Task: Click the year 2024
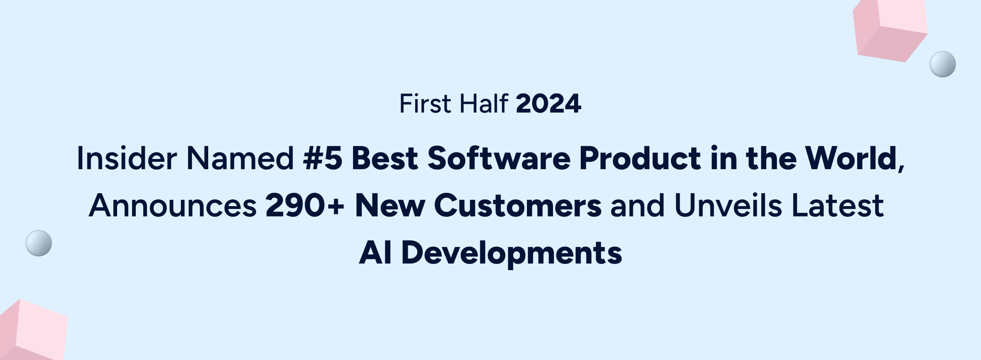(548, 103)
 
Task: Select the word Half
(483, 103)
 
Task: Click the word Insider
(127, 158)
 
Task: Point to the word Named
(240, 158)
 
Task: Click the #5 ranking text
(323, 158)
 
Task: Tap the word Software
(499, 158)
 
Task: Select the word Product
(640, 158)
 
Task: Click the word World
(851, 158)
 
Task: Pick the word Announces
(173, 206)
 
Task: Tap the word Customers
(518, 206)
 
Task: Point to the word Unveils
(728, 205)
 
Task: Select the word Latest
(838, 205)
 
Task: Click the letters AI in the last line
(375, 253)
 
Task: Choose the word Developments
(512, 254)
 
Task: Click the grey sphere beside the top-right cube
(943, 64)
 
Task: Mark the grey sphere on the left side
(39, 243)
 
